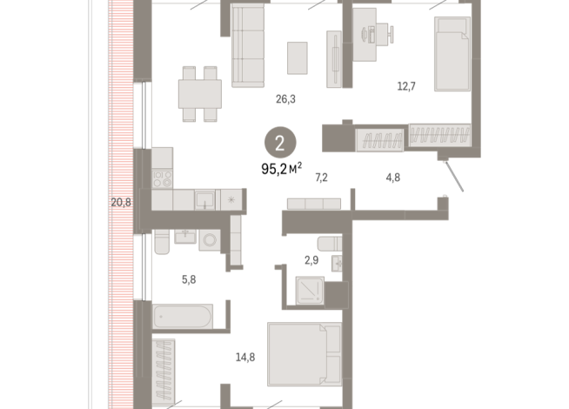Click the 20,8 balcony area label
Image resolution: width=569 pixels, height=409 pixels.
(x=121, y=203)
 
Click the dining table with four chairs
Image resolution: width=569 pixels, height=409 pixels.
(x=197, y=92)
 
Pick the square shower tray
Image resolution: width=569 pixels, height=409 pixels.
(x=310, y=290)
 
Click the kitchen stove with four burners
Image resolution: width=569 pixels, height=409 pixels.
(x=163, y=179)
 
